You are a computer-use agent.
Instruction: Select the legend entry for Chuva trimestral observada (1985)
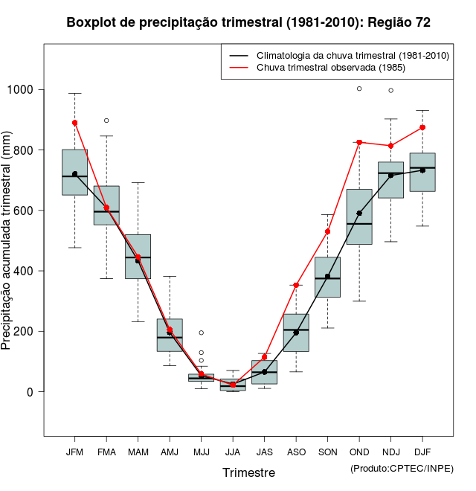pyautogui.click(x=319, y=68)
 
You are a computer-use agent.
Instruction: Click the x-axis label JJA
pyautogui.click(x=233, y=452)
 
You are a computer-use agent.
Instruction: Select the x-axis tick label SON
pyautogui.click(x=328, y=452)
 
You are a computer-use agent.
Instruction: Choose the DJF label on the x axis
pyautogui.click(x=422, y=452)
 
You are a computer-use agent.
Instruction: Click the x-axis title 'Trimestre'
pyautogui.click(x=248, y=472)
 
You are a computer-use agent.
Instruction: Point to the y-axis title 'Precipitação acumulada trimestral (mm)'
pyautogui.click(x=7, y=242)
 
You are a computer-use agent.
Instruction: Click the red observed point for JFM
pyautogui.click(x=75, y=123)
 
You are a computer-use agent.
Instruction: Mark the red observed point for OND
pyautogui.click(x=359, y=142)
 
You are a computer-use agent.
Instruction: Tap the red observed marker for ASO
pyautogui.click(x=296, y=285)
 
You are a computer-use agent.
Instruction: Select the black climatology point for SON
pyautogui.click(x=328, y=276)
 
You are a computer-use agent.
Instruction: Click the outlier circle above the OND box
pyautogui.click(x=359, y=89)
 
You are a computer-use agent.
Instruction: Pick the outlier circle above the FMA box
pyautogui.click(x=106, y=121)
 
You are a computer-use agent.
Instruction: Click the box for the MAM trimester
pyautogui.click(x=138, y=257)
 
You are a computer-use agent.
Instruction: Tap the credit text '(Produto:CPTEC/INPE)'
pyautogui.click(x=402, y=468)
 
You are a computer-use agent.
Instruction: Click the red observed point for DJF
pyautogui.click(x=422, y=127)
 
